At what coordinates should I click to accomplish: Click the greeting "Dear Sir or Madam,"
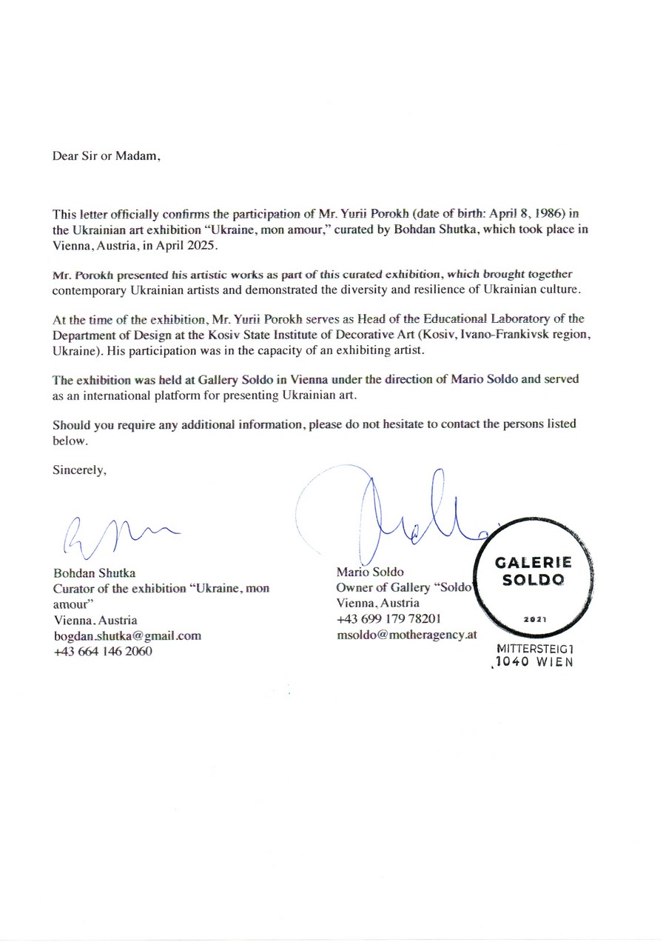[x=106, y=156]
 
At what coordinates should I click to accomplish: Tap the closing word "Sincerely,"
[x=80, y=470]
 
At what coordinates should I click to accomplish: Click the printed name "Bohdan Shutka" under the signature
[x=94, y=573]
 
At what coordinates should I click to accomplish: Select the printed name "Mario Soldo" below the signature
[x=370, y=572]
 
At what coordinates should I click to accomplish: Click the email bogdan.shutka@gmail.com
[x=127, y=635]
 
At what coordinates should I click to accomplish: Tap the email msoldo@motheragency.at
[x=406, y=635]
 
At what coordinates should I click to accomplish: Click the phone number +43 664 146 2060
[x=103, y=651]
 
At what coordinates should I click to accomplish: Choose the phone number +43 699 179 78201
[x=388, y=619]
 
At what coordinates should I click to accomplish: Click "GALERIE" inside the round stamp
[x=533, y=564]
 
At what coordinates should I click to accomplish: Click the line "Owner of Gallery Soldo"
[x=404, y=588]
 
